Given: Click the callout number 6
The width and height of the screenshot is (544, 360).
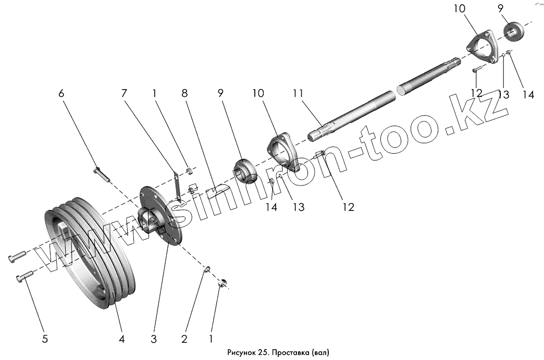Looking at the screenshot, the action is coord(61,94).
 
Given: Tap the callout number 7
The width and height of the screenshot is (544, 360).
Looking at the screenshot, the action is coord(124,94).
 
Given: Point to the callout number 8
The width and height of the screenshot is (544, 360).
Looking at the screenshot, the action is coord(184,94).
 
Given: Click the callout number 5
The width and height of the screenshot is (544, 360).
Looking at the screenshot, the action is coord(45,339).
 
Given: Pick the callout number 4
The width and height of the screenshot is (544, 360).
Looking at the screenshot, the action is coord(122,339).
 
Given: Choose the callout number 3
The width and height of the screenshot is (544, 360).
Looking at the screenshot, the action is coord(153,339).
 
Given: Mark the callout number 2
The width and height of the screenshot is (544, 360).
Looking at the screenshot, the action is coord(184,339).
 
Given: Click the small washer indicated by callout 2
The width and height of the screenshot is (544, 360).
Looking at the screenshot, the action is coord(207,269).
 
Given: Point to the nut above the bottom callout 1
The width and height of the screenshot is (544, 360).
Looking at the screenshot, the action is coord(222,283).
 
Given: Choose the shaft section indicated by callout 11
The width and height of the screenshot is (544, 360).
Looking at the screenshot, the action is coord(354,113).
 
